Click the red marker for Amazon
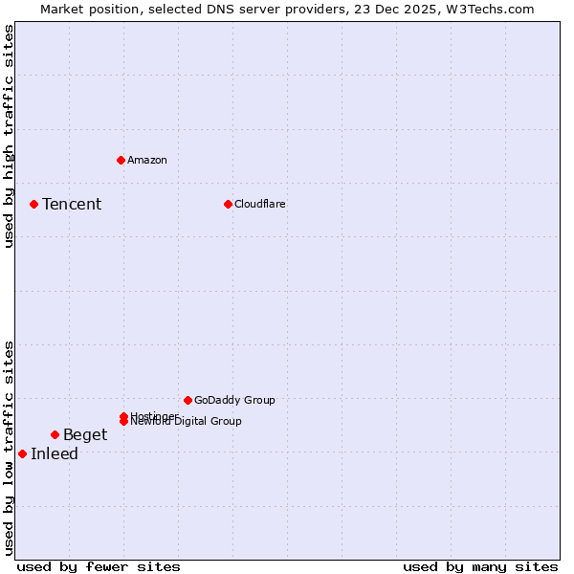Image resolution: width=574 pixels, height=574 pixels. coord(121,160)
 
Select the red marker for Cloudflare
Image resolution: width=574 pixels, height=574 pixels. coord(228,204)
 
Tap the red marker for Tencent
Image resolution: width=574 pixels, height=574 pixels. coord(33,204)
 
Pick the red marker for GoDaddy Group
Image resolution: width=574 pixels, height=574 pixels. coord(188,400)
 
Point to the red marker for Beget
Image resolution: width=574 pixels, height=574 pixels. coord(55,434)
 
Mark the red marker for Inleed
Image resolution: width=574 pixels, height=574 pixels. coord(22,453)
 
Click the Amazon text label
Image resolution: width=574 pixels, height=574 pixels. coord(147,160)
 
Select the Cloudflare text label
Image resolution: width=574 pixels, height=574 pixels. coord(260,204)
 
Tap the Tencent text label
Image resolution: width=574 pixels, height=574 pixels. coord(72,204)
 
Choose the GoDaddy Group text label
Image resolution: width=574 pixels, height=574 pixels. coord(234,400)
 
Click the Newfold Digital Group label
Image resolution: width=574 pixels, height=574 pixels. coord(187,422)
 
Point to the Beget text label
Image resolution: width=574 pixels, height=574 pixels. coord(85,434)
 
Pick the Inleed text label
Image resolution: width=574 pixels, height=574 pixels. coord(55,453)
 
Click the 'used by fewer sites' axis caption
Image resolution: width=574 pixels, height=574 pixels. coord(99,566)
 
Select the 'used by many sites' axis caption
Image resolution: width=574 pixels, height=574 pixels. coord(480,566)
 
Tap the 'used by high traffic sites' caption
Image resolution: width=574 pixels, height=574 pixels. coord(9,136)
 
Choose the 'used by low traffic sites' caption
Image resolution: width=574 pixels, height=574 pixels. coord(9,447)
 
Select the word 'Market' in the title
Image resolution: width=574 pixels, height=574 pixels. coord(61,9)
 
